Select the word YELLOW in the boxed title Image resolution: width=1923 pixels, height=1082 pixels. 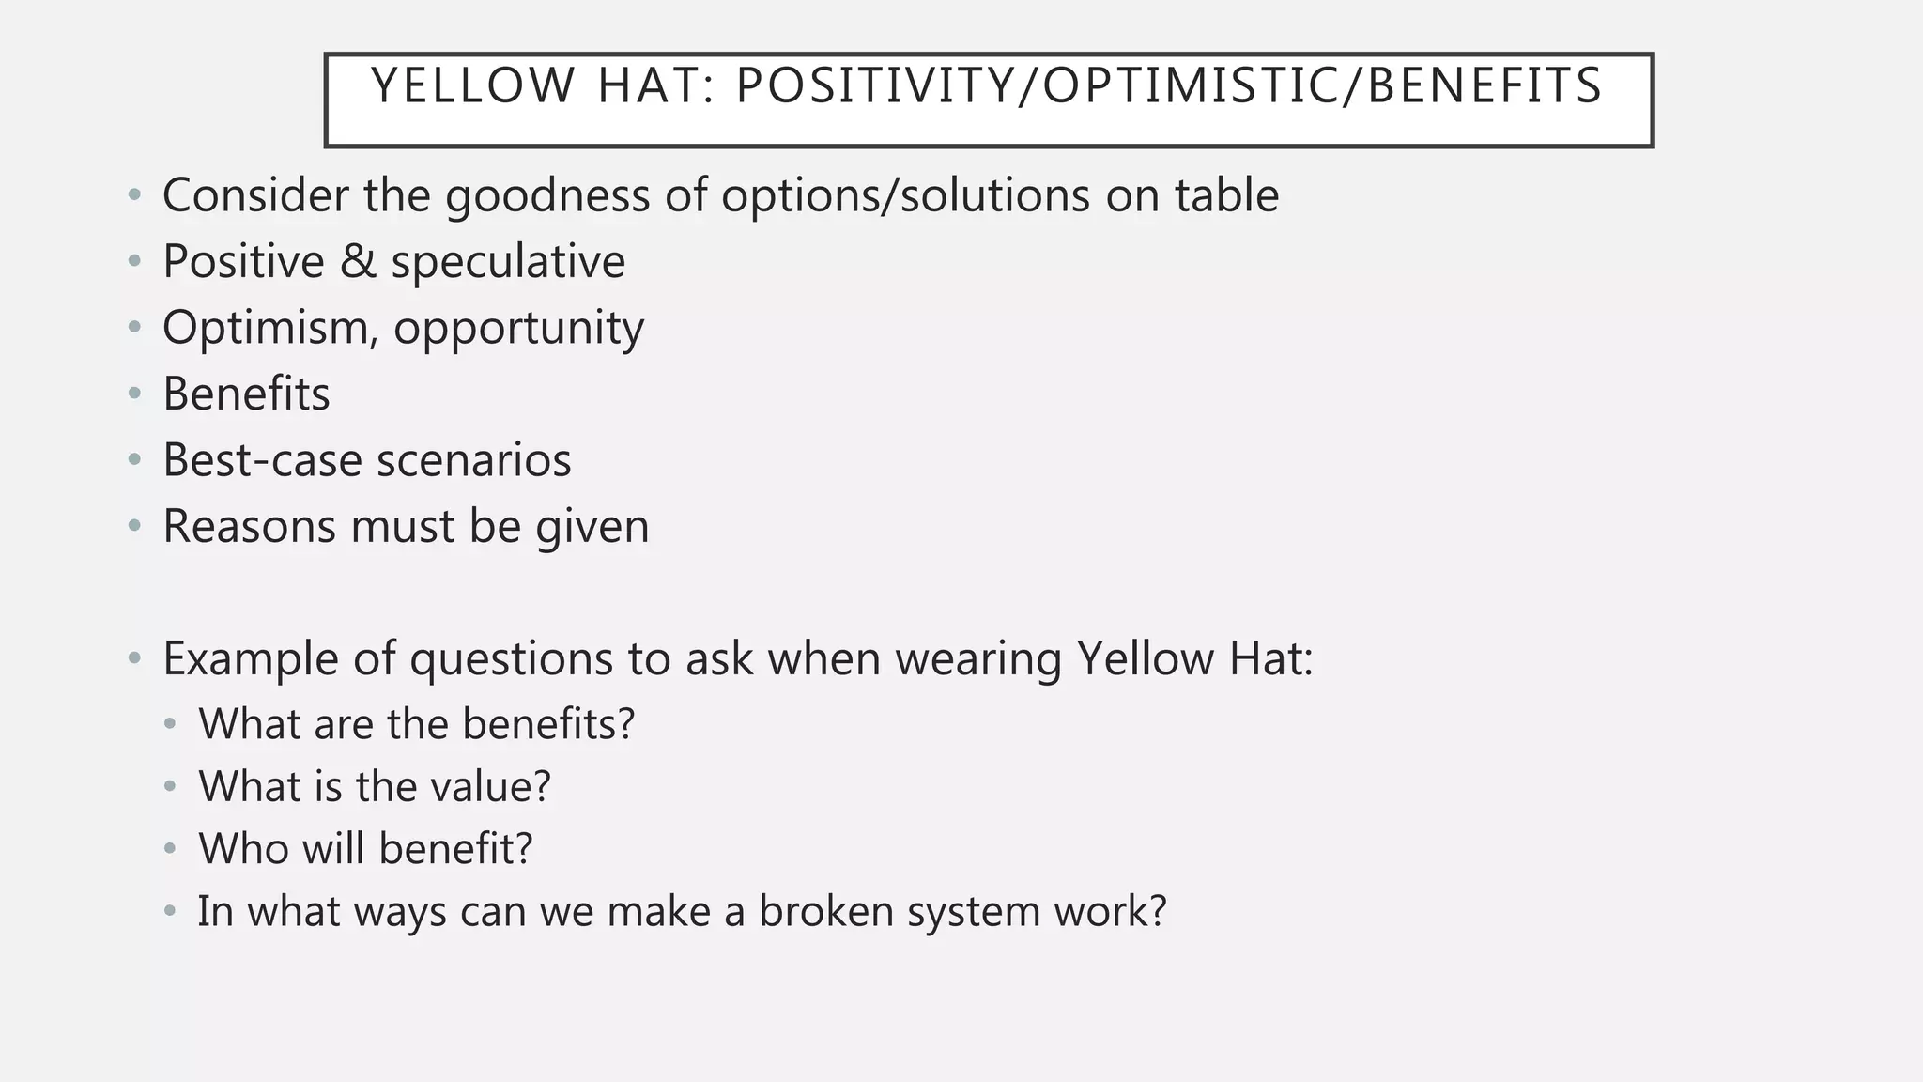[x=473, y=86]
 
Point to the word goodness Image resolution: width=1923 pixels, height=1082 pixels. [x=547, y=196]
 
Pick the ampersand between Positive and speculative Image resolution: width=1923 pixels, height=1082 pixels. [x=358, y=261]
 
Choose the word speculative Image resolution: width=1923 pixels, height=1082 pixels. [x=508, y=263]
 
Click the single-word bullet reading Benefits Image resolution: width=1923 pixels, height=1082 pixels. [x=246, y=394]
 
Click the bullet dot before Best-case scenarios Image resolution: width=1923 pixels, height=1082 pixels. [x=135, y=460]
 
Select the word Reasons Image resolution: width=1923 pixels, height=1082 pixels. [x=248, y=526]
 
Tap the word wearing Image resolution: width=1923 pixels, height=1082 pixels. [x=977, y=659]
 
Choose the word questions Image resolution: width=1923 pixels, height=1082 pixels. [x=511, y=660]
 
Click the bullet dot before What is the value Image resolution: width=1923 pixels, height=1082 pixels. [x=170, y=787]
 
